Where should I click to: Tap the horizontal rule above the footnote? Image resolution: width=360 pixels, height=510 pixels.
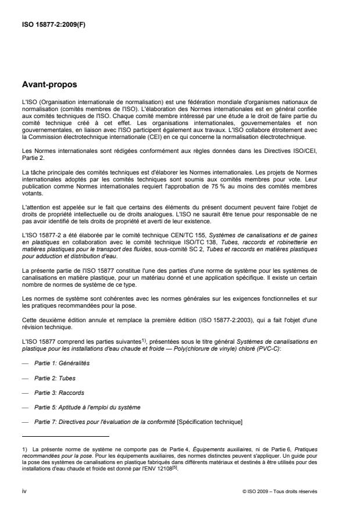(x=64, y=436)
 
